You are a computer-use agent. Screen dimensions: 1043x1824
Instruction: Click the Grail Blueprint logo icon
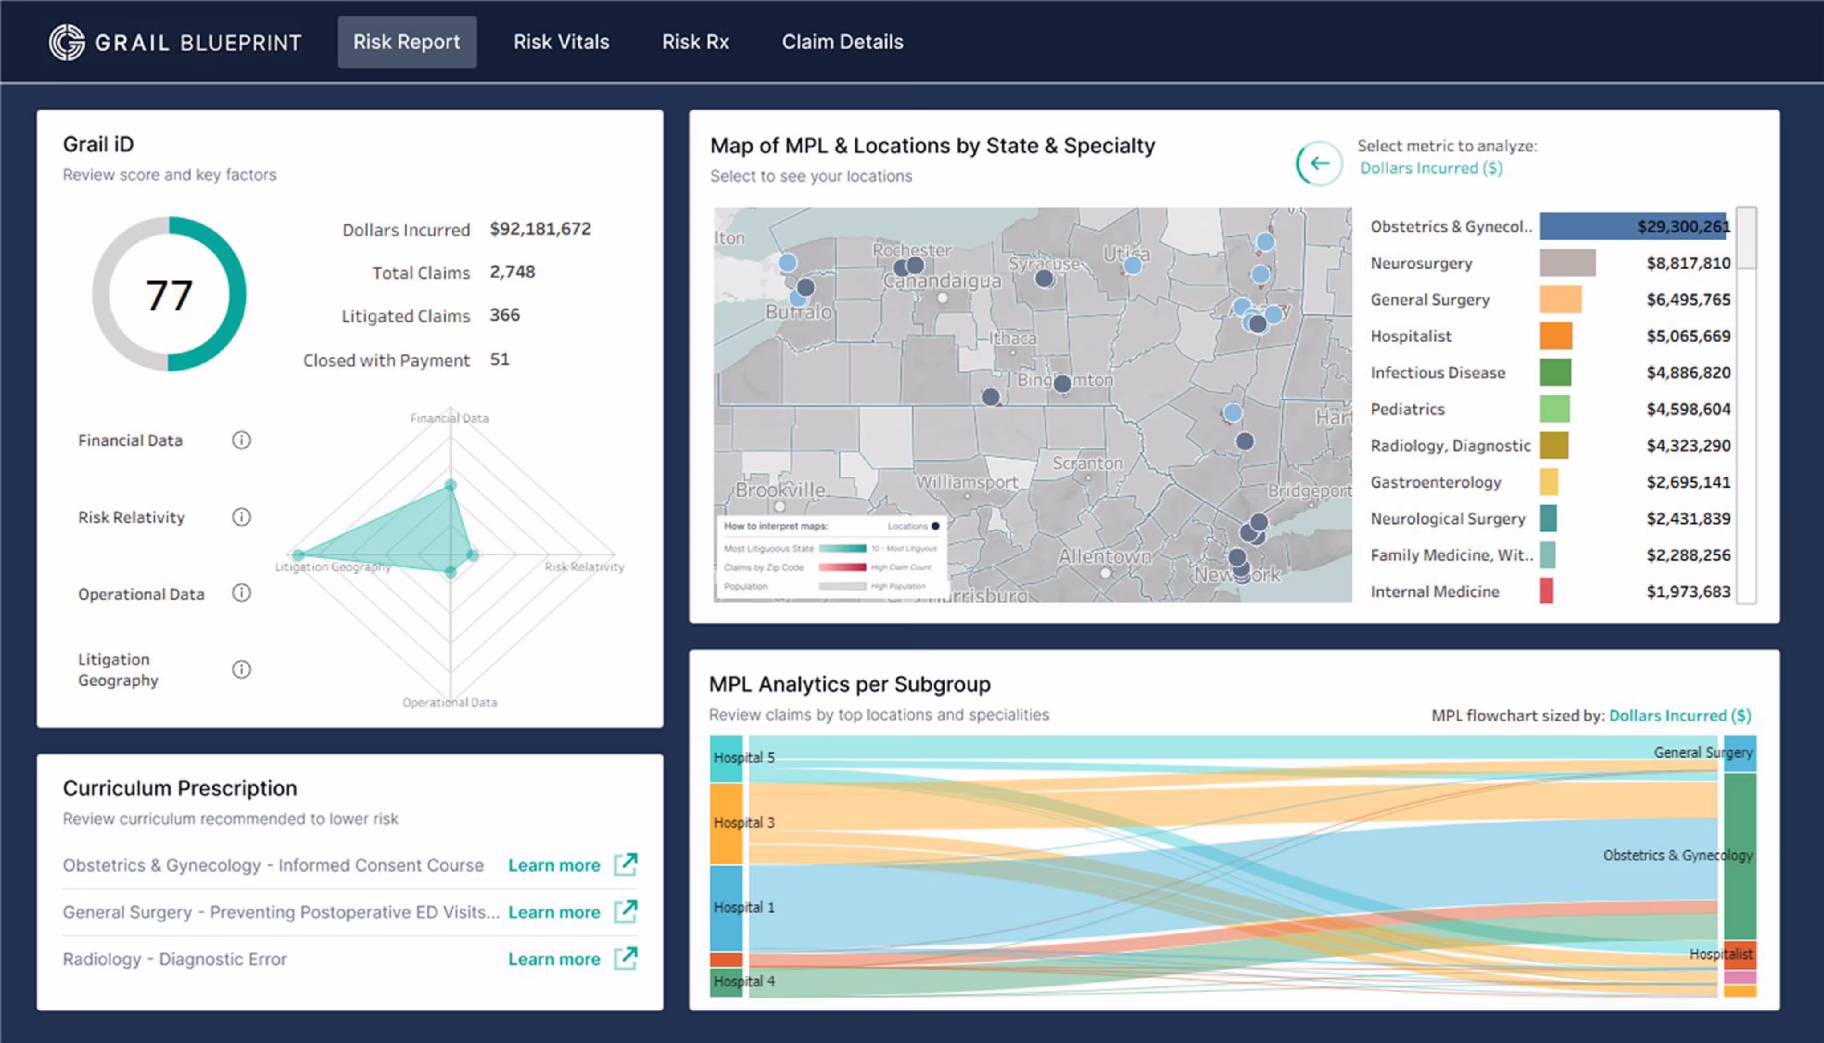coord(67,42)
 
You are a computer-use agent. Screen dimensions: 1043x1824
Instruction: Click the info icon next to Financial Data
coord(241,440)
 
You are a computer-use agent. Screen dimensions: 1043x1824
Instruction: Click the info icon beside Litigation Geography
coord(241,669)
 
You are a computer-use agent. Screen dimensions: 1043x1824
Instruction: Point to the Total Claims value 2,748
coord(512,272)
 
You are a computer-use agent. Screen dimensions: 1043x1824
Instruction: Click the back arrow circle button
coord(1319,163)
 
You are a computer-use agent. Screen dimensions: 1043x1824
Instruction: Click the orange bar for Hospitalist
coord(1555,336)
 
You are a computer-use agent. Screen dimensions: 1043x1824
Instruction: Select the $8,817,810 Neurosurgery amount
coord(1688,263)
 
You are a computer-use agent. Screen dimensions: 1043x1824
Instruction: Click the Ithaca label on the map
coord(1012,338)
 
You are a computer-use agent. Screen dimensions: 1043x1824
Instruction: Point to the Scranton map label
coord(1087,464)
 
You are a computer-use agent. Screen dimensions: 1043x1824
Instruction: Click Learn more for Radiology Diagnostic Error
coord(554,959)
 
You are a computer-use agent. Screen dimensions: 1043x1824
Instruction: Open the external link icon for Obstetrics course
coord(625,864)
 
